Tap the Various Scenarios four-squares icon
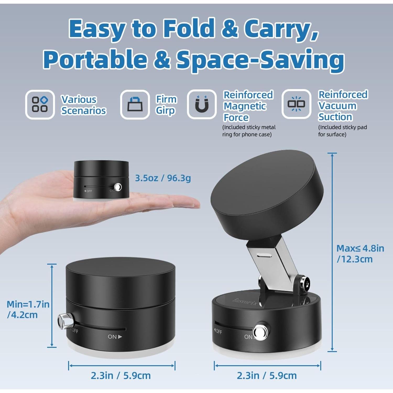40,104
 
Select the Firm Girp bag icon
135,104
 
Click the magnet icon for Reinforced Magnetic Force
202,104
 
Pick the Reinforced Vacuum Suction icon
296,104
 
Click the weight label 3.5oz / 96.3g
163,178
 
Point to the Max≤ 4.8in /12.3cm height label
360,253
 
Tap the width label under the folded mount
121,375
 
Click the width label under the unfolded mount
267,375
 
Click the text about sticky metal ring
249,131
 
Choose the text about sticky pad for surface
342,131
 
